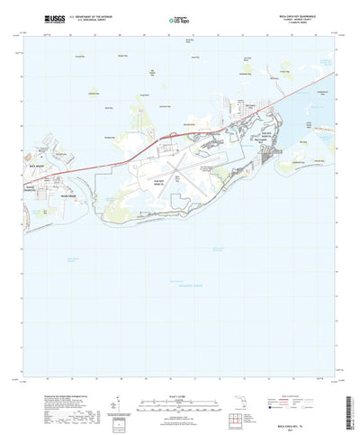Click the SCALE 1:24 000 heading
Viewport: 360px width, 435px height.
coord(180,379)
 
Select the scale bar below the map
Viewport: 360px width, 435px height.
coord(180,389)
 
